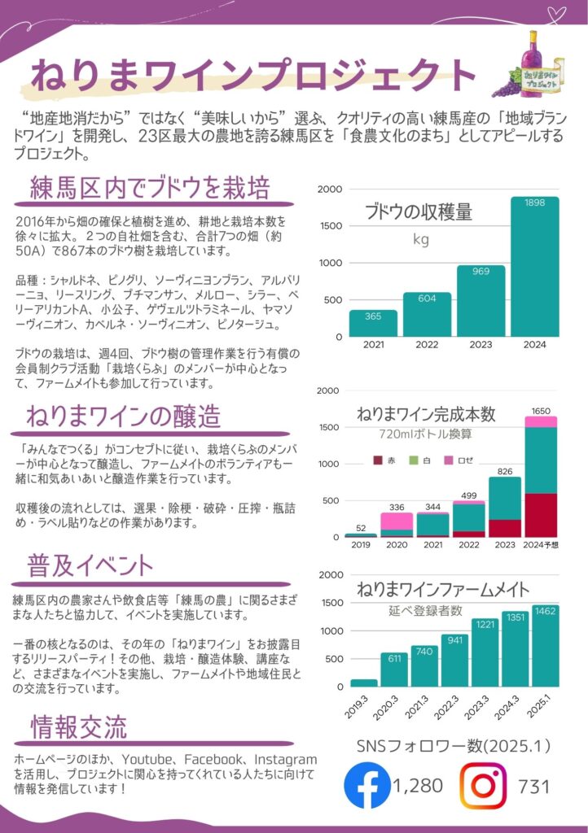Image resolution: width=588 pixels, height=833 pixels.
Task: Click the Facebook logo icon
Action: tap(367, 785)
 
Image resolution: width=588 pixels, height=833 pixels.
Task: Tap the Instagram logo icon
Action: tap(484, 785)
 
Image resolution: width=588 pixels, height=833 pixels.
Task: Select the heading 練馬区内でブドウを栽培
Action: tap(150, 190)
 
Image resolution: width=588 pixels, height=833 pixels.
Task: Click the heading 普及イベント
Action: tap(90, 565)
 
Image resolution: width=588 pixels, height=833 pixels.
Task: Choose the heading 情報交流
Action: tap(78, 726)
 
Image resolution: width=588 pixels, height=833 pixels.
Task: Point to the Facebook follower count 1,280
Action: tap(418, 786)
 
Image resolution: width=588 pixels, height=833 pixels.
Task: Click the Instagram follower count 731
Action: tap(533, 786)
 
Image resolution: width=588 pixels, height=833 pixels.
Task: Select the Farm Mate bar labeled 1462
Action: tap(546, 647)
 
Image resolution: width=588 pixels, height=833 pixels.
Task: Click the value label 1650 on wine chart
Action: tap(541, 411)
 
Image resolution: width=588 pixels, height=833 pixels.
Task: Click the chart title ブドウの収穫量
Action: tap(419, 213)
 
